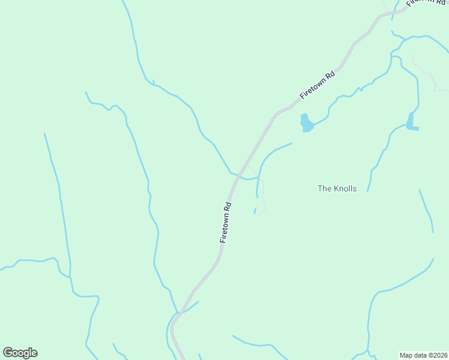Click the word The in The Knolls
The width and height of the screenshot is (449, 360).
click(324, 188)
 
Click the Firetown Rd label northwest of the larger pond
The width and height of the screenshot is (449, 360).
click(318, 85)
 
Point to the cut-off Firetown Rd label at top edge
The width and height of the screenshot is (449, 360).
click(421, 3)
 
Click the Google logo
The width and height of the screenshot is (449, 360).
click(20, 353)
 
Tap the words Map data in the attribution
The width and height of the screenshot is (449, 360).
click(412, 355)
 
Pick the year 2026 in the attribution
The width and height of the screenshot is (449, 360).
click(438, 355)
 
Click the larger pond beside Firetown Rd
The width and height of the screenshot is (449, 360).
click(306, 123)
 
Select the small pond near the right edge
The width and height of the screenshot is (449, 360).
click(412, 122)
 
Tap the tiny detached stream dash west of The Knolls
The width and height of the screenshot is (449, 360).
click(255, 211)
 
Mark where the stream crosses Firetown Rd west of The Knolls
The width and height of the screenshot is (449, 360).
click(238, 176)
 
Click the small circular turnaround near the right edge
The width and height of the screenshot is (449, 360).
click(437, 88)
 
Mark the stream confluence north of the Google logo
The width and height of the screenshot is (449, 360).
click(71, 277)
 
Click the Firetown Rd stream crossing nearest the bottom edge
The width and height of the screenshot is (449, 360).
click(176, 314)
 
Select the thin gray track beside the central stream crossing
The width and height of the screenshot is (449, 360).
click(262, 192)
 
